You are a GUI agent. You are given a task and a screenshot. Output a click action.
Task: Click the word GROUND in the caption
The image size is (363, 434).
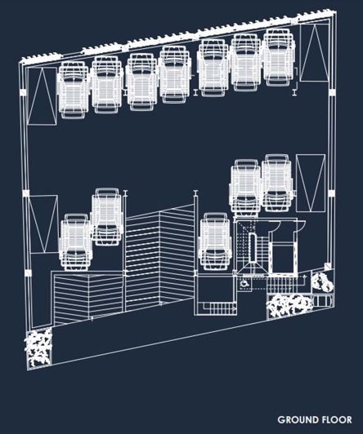pos(295,419)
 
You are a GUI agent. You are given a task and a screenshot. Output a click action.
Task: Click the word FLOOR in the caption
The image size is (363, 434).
pos(334,419)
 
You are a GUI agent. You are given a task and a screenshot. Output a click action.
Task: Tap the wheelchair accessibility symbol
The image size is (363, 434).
pos(244,283)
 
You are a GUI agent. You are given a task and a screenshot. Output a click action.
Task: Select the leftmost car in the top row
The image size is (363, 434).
pos(74,91)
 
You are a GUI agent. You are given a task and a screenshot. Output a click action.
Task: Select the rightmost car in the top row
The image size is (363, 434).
pos(279,57)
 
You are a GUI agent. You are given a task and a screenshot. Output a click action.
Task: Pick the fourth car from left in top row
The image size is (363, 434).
pos(175,74)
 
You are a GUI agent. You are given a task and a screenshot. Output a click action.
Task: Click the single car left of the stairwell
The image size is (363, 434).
pos(216,241)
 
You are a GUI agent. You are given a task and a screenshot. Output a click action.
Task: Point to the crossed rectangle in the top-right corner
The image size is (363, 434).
pos(314,53)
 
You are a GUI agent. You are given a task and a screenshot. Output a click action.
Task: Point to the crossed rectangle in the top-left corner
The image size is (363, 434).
pos(43,96)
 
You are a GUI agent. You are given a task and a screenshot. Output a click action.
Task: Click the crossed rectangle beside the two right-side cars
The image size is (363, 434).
pos(311,184)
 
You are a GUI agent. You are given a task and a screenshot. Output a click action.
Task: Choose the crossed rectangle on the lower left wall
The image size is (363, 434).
pos(43,224)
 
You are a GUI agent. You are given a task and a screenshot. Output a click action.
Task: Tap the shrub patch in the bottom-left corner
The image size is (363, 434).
pos(38,348)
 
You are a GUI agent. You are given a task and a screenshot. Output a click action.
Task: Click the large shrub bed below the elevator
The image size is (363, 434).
pos(289,306)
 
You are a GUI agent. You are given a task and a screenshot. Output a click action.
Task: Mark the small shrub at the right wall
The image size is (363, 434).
pos(321,281)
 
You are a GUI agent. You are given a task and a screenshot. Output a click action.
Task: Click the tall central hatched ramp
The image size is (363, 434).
pos(159,257)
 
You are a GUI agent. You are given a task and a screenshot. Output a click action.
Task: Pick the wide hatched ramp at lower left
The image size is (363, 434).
pos(88,298)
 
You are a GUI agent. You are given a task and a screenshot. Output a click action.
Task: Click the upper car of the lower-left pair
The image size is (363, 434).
pos(107,217)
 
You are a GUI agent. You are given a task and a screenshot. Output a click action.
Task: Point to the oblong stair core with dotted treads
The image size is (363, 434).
pos(253,248)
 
